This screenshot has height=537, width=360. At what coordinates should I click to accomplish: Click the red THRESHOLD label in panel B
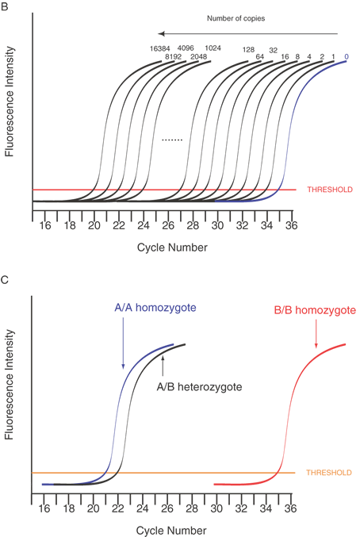330,190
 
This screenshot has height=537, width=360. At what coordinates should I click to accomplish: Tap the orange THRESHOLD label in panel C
329,473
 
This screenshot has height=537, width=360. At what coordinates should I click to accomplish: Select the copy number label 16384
160,48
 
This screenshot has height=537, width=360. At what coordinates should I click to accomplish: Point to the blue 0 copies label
347,57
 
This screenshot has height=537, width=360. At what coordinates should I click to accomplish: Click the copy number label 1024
213,48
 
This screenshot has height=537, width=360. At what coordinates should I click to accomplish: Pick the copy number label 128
248,50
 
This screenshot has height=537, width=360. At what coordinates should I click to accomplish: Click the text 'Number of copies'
236,18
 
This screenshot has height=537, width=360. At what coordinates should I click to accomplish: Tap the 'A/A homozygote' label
155,308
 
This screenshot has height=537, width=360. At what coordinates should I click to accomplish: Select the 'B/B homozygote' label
315,310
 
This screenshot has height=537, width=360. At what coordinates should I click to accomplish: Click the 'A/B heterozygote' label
199,387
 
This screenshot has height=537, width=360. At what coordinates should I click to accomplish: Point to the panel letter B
4,6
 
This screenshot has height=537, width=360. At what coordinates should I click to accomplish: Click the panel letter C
5,280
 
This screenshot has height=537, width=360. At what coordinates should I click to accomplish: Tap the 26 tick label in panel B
168,225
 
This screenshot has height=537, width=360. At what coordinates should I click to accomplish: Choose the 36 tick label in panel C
290,508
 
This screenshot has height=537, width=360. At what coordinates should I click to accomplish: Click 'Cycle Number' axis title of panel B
172,247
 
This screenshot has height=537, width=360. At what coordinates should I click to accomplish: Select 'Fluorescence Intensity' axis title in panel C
9,384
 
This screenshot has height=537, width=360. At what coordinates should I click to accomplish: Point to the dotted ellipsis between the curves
172,140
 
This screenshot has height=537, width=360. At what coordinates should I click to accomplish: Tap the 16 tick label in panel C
44,508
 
